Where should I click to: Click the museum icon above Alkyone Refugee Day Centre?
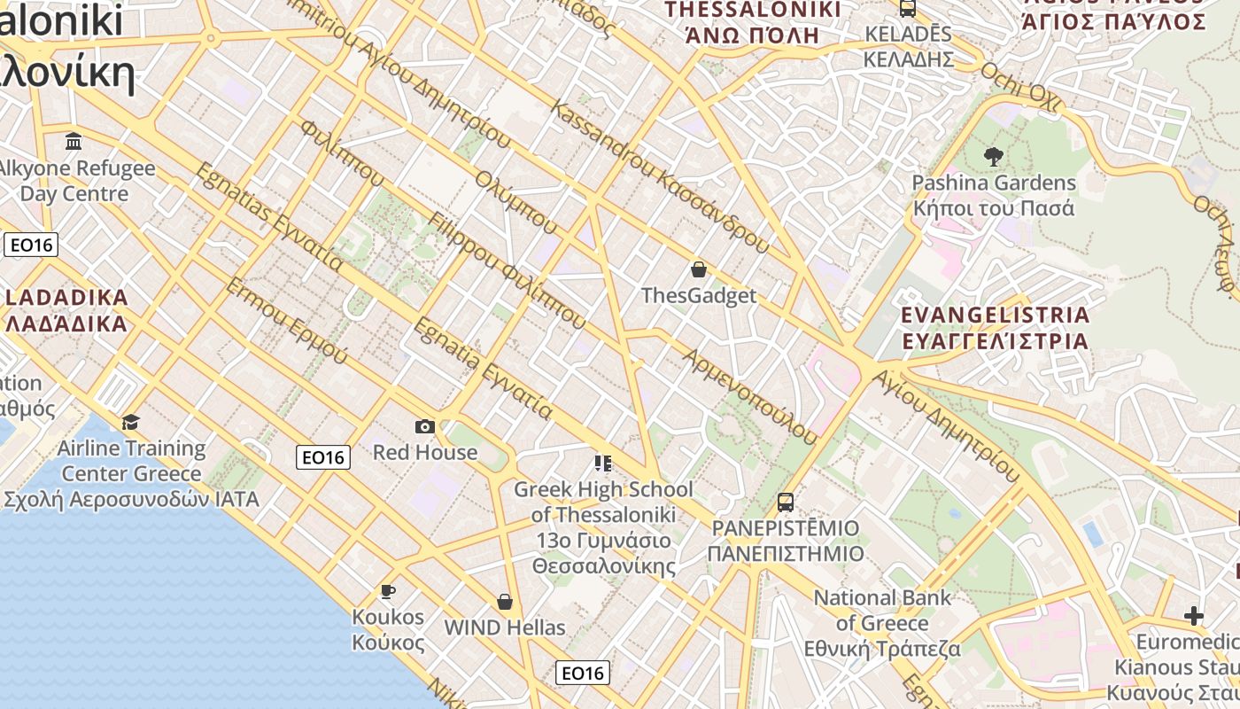(x=74, y=142)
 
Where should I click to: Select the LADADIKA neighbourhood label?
(x=66, y=309)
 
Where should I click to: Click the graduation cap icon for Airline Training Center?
(x=130, y=422)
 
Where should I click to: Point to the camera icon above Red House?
(x=425, y=426)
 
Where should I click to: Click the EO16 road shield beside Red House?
(x=323, y=457)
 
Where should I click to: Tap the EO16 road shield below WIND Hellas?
(x=583, y=673)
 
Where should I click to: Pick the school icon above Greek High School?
(x=603, y=463)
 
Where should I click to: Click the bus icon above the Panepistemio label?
(x=785, y=503)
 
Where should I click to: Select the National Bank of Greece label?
(x=882, y=623)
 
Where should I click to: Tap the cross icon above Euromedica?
(x=1194, y=615)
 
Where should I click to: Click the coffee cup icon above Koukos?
(x=387, y=590)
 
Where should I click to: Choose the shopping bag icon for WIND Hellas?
(x=505, y=602)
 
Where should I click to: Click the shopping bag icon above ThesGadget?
(x=699, y=269)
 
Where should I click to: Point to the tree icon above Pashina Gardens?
(x=993, y=157)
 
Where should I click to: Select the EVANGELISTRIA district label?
(x=995, y=328)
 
